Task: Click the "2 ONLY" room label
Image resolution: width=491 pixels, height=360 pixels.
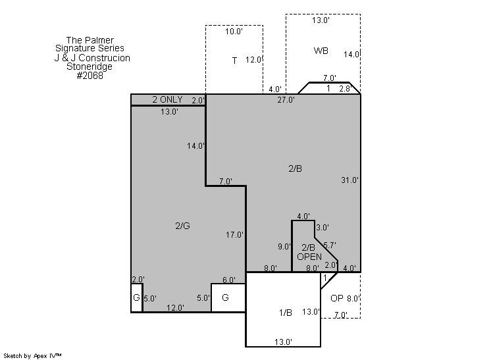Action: [x=168, y=99]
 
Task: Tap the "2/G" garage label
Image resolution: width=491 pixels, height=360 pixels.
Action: [x=182, y=226]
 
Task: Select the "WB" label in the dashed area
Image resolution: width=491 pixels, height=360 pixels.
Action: [x=321, y=51]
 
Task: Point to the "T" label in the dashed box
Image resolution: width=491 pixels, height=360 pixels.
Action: [x=234, y=61]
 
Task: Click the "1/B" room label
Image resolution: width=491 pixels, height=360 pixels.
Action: [x=286, y=313]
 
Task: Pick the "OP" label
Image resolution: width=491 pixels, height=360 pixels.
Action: [x=337, y=298]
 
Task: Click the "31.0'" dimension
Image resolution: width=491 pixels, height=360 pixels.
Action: [x=349, y=180]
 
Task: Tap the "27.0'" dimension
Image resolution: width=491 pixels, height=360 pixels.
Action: [x=286, y=100]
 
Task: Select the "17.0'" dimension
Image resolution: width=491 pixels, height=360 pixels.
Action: [x=234, y=234]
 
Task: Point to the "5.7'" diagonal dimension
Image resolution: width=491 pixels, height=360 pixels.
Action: [x=330, y=245]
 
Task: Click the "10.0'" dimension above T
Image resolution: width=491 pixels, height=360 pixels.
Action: [x=234, y=32]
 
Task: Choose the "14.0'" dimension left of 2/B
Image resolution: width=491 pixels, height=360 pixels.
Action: [x=195, y=146]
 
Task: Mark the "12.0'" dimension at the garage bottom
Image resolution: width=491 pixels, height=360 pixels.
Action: [x=175, y=308]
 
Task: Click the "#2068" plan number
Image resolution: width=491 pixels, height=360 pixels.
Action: [x=90, y=76]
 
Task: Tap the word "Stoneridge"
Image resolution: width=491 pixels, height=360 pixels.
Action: [x=90, y=66]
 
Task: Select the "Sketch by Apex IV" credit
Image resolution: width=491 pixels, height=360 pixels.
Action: [x=32, y=355]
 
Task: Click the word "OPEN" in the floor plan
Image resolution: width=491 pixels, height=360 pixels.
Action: [x=309, y=257]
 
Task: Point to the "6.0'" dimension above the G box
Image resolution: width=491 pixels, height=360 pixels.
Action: [x=229, y=280]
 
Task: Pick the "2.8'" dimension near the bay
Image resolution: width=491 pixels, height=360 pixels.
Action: [x=345, y=89]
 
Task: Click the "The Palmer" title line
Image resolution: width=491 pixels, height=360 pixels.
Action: [x=90, y=40]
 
